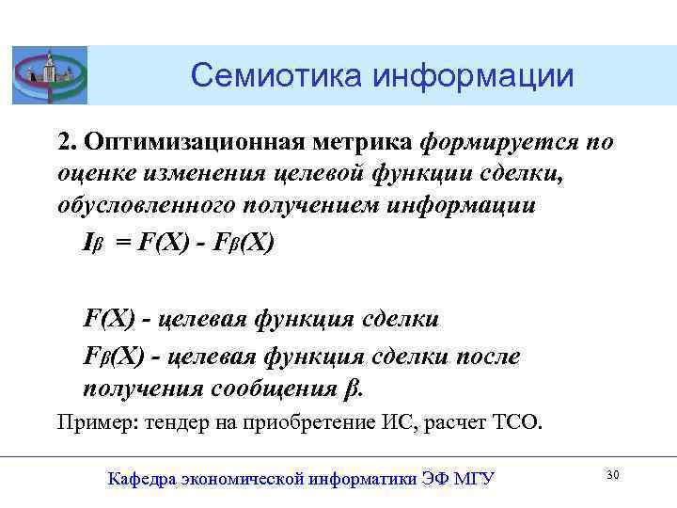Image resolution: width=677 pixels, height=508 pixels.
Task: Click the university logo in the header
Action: (50, 74)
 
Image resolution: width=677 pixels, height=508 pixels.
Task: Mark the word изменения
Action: (202, 175)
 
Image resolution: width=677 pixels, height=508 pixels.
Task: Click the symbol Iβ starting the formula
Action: (93, 243)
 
